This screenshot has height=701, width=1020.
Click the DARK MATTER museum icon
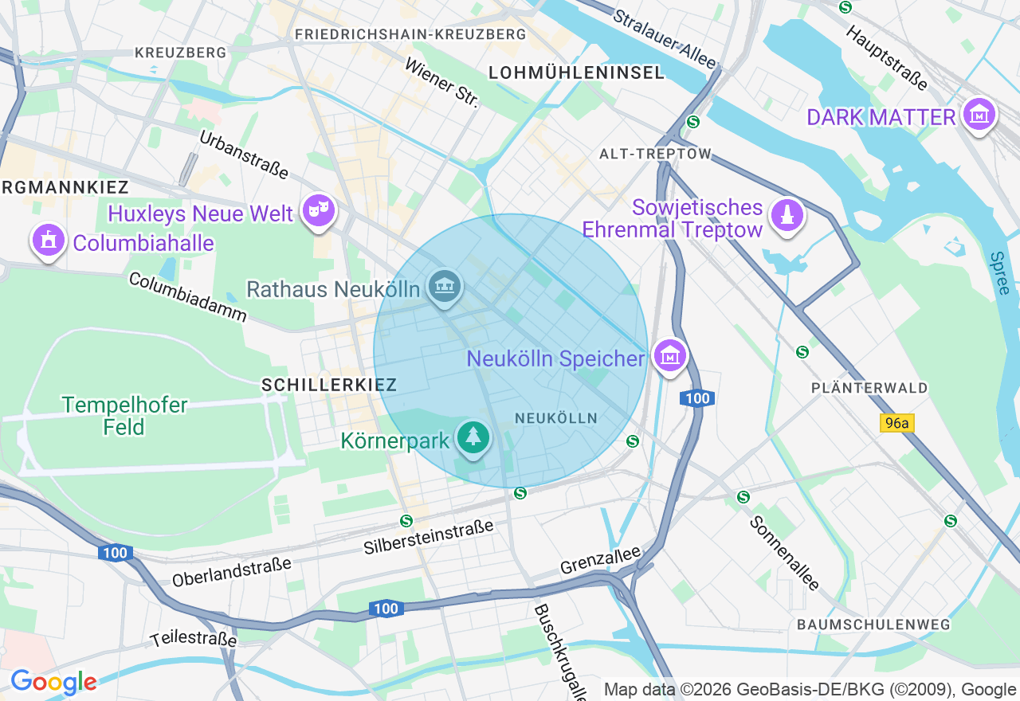pyautogui.click(x=979, y=116)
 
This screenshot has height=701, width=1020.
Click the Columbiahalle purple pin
pyautogui.click(x=48, y=241)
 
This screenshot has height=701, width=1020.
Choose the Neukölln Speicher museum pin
pyautogui.click(x=670, y=356)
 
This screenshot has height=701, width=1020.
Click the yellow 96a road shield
pyautogui.click(x=896, y=423)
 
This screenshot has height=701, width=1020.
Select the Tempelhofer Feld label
pyautogui.click(x=124, y=416)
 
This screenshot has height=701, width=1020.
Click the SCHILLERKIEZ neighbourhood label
pyautogui.click(x=329, y=385)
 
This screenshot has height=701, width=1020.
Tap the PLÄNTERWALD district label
pyautogui.click(x=869, y=388)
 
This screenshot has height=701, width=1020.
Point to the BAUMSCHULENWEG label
pyautogui.click(x=874, y=625)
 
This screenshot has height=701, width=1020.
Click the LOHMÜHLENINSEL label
pyautogui.click(x=576, y=72)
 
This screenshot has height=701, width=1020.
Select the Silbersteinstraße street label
pyautogui.click(x=429, y=537)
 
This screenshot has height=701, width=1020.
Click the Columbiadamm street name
pyautogui.click(x=187, y=296)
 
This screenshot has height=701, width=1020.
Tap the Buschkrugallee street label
pyautogui.click(x=560, y=652)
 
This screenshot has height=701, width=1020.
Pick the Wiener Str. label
pyautogui.click(x=442, y=83)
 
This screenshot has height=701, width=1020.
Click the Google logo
pyautogui.click(x=53, y=682)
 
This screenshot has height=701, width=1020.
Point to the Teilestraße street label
pyautogui.click(x=194, y=639)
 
